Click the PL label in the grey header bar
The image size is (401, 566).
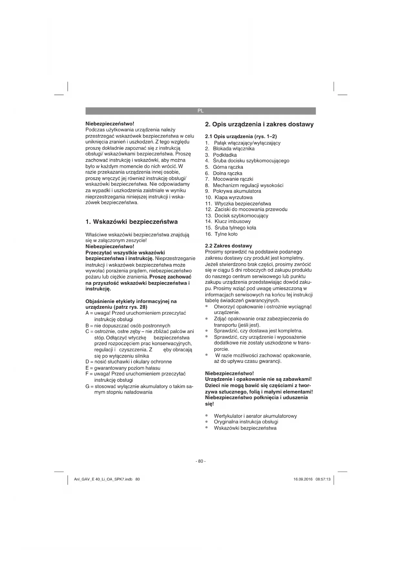click(x=200, y=111)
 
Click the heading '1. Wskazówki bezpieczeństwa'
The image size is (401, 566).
click(x=132, y=222)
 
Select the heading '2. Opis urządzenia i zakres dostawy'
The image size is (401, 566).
click(x=259, y=124)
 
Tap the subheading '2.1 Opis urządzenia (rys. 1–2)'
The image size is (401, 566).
click(x=241, y=136)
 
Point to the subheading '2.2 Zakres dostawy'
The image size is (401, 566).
click(x=228, y=246)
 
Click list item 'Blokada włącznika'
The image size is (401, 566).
click(x=234, y=149)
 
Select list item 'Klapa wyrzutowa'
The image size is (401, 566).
click(x=234, y=197)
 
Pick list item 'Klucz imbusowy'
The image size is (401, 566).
click(x=233, y=221)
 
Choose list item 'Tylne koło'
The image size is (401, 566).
click(x=226, y=234)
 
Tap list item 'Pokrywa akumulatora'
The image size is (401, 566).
click(x=237, y=191)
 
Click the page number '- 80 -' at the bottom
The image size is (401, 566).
click(x=200, y=461)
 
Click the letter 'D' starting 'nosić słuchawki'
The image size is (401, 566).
click(x=87, y=362)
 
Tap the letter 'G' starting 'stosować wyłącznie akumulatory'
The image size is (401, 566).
click(x=88, y=386)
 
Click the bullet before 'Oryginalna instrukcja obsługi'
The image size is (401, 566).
click(x=206, y=422)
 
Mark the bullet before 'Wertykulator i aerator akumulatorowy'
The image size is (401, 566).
click(x=206, y=416)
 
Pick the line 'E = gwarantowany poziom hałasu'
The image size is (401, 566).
click(x=123, y=368)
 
